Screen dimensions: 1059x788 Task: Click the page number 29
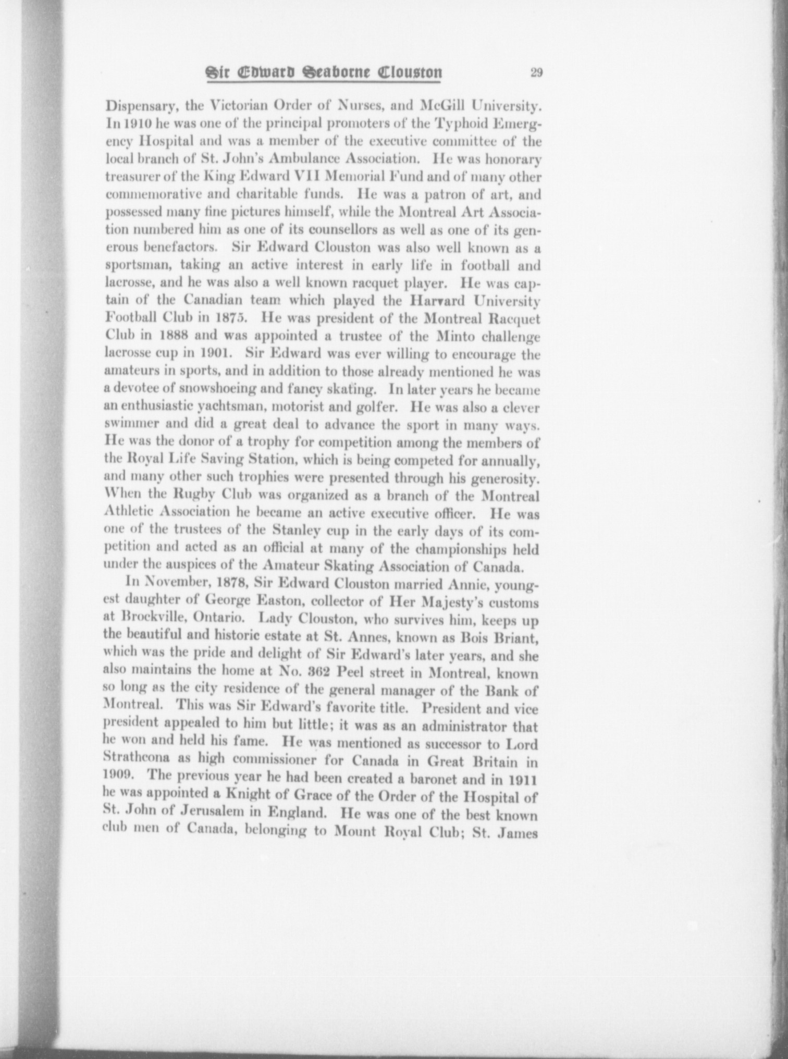(x=536, y=72)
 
